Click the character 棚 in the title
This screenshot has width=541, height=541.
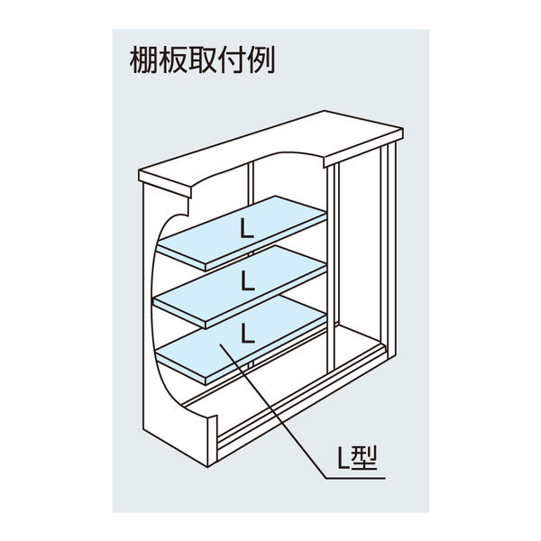tap(144, 60)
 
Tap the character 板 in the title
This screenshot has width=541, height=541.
tap(173, 60)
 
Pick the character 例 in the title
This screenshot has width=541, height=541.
tap(261, 60)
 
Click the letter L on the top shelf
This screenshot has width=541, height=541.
tap(247, 229)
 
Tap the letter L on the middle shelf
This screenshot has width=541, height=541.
tap(247, 280)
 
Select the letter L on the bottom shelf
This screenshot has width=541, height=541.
tap(247, 333)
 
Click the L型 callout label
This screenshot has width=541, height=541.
tap(357, 458)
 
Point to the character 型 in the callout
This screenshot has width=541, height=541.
tap(364, 458)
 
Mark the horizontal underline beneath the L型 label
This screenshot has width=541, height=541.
tap(355, 478)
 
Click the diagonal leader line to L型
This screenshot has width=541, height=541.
tap(272, 411)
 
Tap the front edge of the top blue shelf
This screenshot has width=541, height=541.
tap(266, 243)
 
